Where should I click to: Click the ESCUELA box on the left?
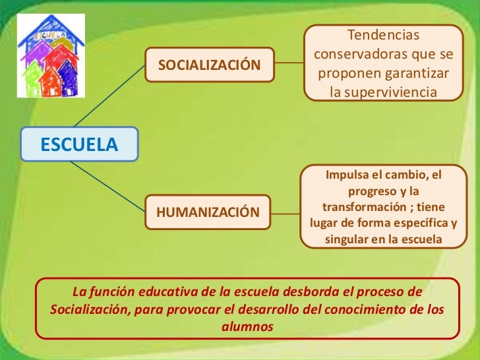(79, 144)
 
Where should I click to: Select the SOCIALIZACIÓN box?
(208, 65)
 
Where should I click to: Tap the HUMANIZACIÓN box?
(208, 212)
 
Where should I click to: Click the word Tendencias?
(383, 34)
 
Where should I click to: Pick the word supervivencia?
(399, 92)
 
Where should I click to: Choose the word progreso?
(373, 191)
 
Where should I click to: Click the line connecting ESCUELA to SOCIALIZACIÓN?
(109, 96)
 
